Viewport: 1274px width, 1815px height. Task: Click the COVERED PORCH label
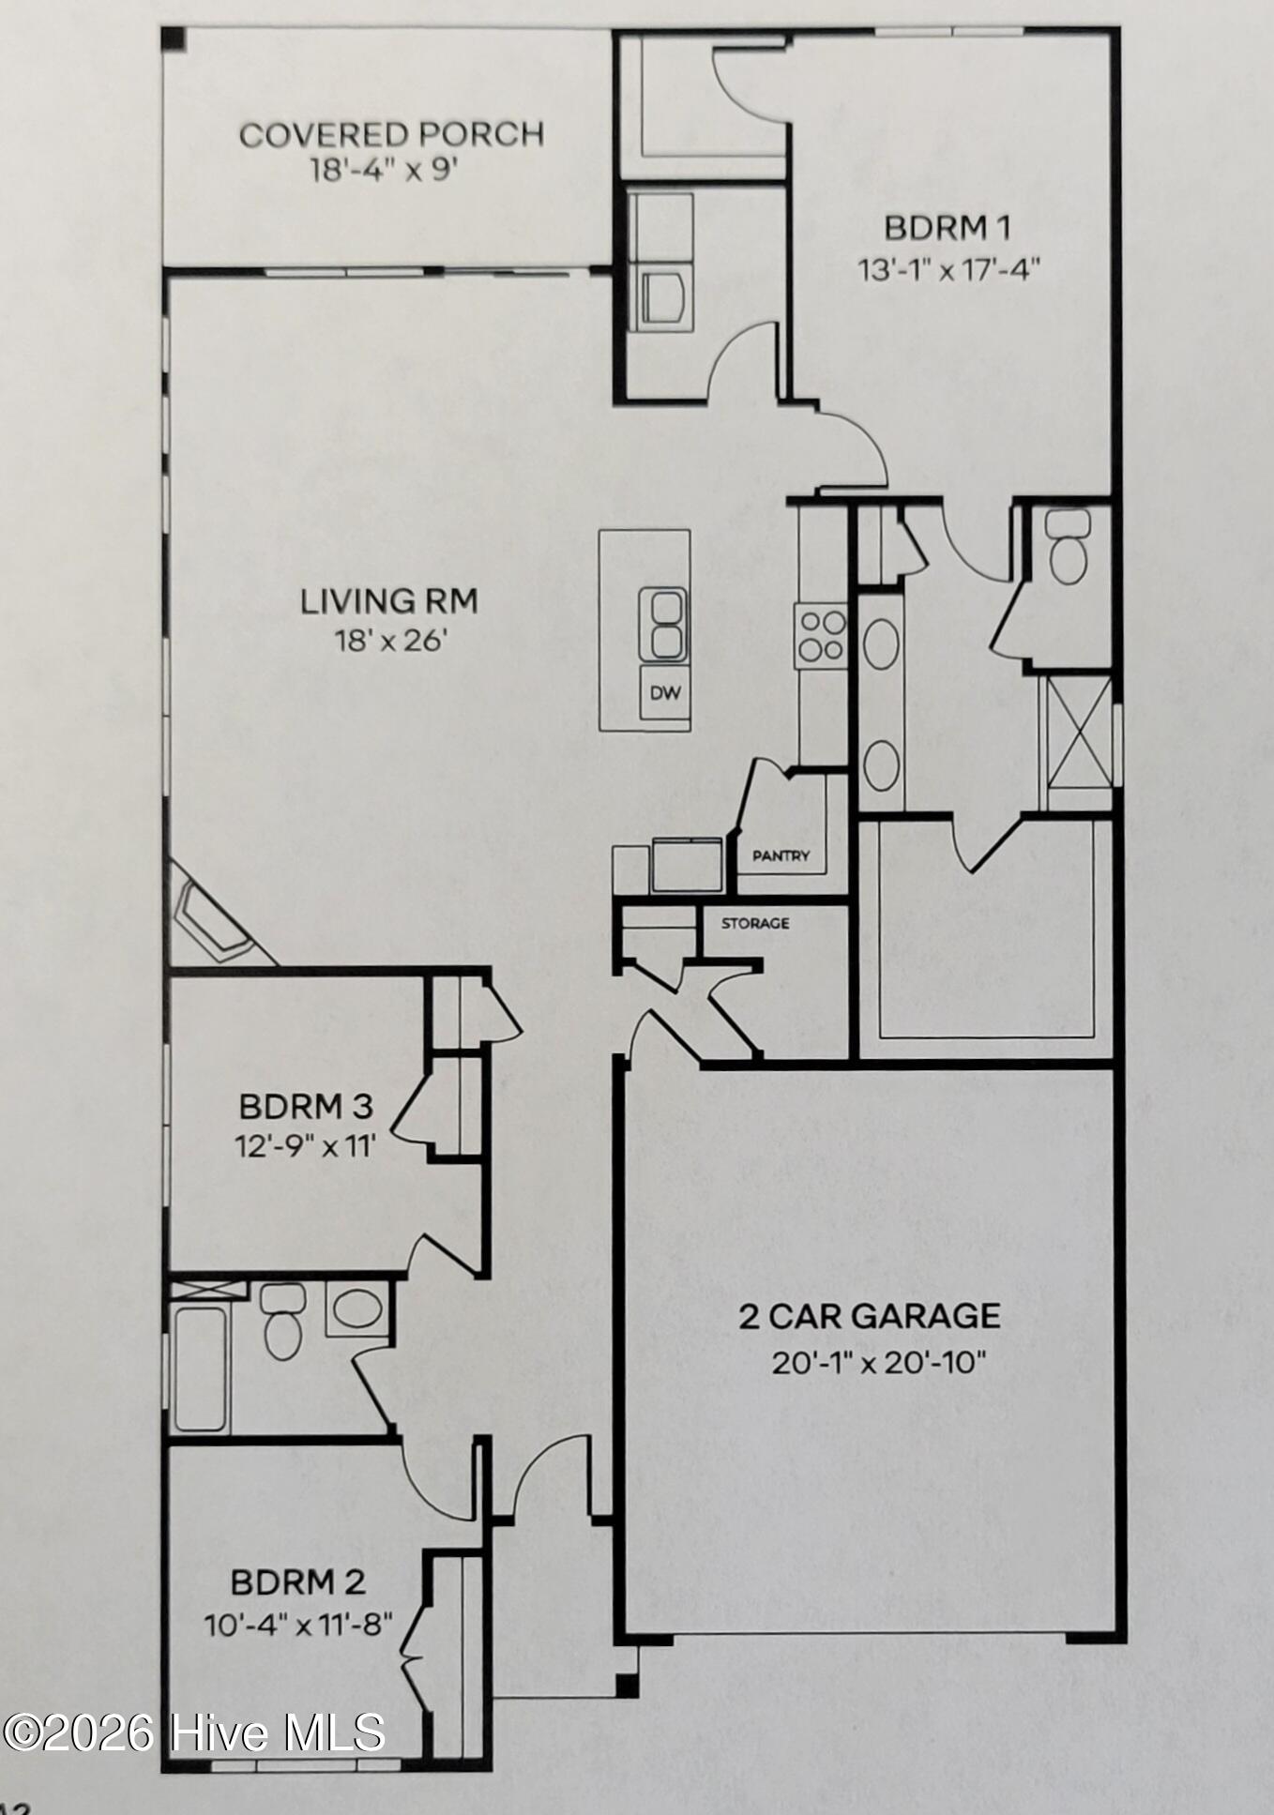(x=391, y=134)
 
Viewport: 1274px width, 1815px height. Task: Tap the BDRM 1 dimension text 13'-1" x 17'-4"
(x=948, y=270)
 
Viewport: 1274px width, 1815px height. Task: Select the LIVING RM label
(x=388, y=600)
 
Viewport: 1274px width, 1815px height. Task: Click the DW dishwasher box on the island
(x=665, y=694)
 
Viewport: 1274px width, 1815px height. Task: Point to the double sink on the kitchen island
(x=664, y=625)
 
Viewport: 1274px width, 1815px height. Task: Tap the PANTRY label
(x=781, y=855)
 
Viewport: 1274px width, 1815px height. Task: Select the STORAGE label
(x=755, y=923)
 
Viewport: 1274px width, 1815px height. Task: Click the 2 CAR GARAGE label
(x=869, y=1316)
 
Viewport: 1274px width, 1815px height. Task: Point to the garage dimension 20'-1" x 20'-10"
(x=878, y=1361)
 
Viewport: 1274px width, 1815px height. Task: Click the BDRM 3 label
(x=306, y=1106)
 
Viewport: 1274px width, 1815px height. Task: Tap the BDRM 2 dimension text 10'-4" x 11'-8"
(x=298, y=1624)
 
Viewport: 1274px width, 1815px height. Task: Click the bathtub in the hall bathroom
(x=200, y=1369)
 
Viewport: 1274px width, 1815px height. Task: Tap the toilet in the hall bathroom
(x=283, y=1321)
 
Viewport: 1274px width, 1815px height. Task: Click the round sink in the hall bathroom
(x=356, y=1308)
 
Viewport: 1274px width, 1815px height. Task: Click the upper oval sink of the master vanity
(x=881, y=644)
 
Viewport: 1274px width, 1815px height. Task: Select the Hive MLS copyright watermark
(x=193, y=1732)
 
